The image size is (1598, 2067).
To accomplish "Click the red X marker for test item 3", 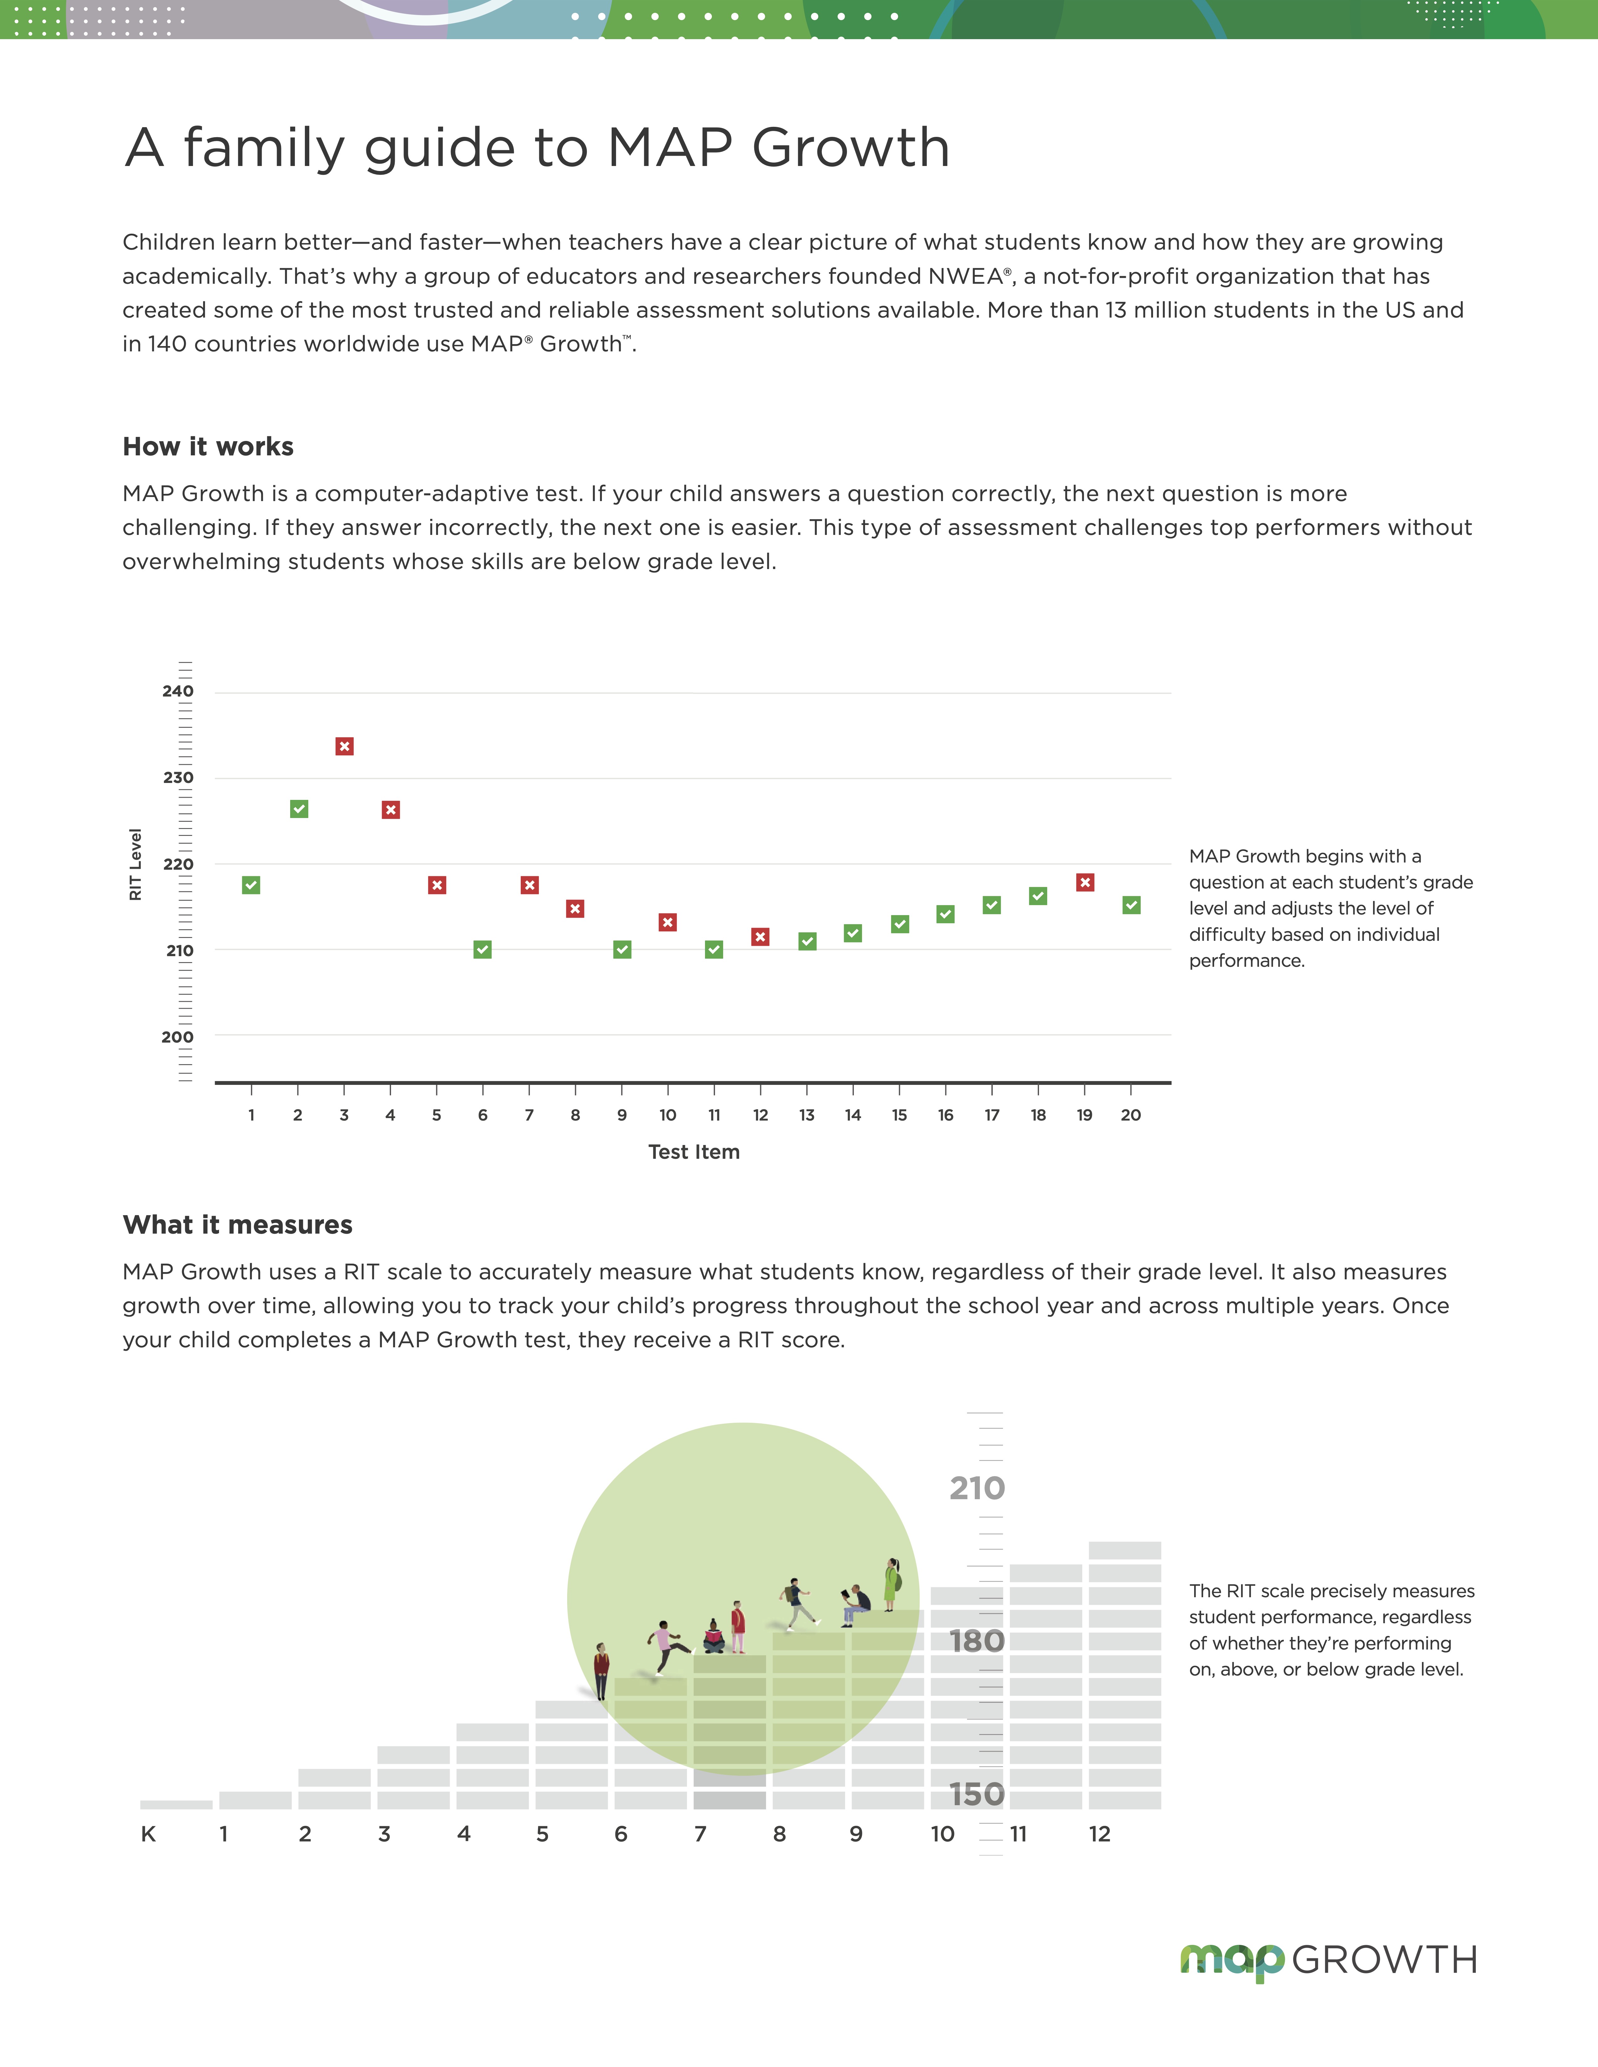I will tap(345, 747).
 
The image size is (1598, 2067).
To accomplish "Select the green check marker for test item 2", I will tap(299, 809).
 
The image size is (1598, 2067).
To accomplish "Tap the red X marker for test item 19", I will tap(1085, 882).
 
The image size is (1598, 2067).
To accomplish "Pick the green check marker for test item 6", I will tap(483, 949).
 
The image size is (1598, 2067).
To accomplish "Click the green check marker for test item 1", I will tap(251, 885).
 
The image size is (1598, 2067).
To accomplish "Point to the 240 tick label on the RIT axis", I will tap(178, 691).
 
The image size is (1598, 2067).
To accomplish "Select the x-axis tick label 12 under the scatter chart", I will tap(760, 1115).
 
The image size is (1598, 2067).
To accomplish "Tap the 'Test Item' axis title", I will tap(694, 1152).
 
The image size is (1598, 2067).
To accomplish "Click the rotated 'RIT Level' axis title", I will tap(135, 864).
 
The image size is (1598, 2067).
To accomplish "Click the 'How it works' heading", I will tap(208, 447).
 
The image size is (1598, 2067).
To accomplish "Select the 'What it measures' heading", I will tap(238, 1225).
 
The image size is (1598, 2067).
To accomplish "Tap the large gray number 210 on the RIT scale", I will tap(977, 1489).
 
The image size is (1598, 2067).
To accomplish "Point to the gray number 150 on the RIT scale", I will tap(977, 1794).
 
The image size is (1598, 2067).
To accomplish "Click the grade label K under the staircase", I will tap(149, 1834).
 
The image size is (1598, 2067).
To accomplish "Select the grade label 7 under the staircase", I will tap(701, 1834).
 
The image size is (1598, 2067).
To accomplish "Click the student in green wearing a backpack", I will tap(891, 1584).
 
